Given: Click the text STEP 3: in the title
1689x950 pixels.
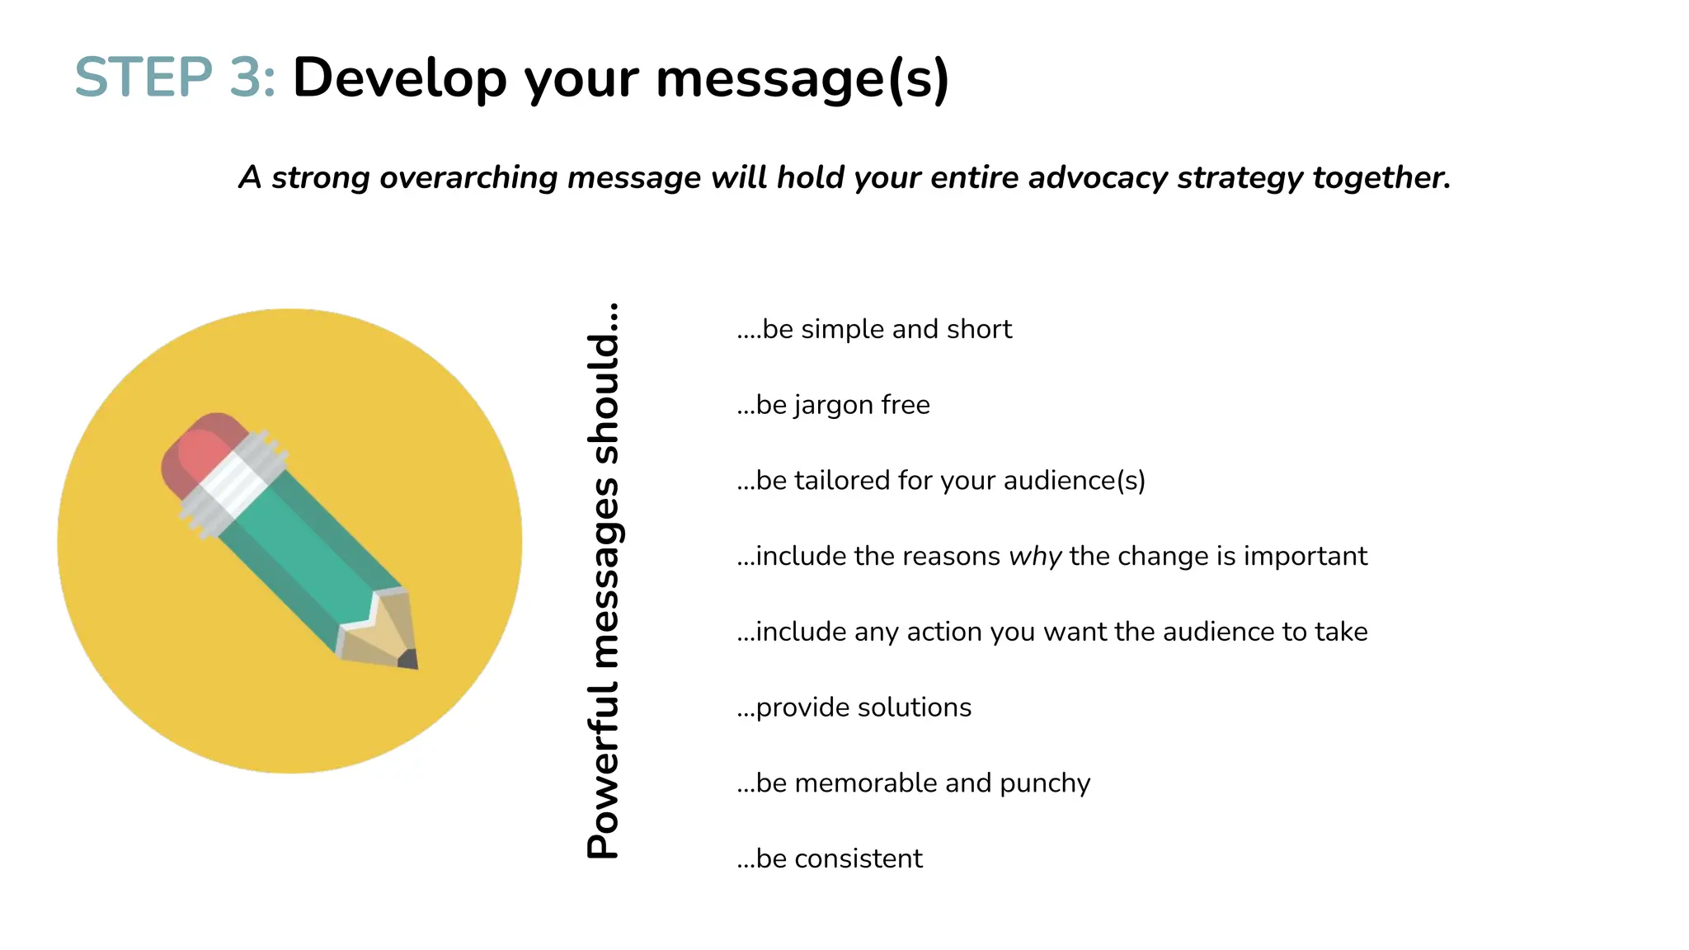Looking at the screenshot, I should tap(175, 78).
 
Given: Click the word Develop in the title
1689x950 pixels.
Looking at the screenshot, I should tap(399, 78).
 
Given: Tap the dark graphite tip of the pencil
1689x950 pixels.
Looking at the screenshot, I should tap(409, 659).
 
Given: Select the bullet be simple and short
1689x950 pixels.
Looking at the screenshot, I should tap(874, 329).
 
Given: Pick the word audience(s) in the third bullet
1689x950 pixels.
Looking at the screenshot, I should tap(1074, 481).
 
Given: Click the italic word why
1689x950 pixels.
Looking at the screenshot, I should tap(1035, 557).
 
